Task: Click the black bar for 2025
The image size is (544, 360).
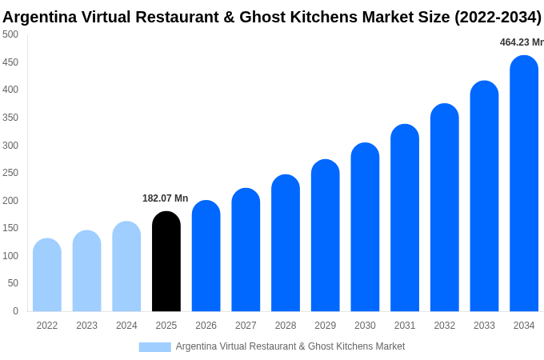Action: [x=166, y=262]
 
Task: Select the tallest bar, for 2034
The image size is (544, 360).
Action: [x=524, y=184]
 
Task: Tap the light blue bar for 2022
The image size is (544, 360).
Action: [x=47, y=275]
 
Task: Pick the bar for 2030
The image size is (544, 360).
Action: [x=365, y=227]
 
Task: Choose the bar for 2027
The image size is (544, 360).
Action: [x=246, y=250]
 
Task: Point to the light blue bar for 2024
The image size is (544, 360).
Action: [x=126, y=266]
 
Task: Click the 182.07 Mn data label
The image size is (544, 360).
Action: [x=165, y=198]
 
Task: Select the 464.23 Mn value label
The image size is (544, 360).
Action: [x=521, y=42]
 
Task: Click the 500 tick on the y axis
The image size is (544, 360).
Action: [x=10, y=34]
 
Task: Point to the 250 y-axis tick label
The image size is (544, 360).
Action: [x=10, y=173]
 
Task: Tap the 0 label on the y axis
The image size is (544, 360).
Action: [x=15, y=311]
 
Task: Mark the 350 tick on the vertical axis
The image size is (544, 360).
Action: [x=10, y=118]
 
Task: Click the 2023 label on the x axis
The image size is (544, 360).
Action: [x=86, y=326]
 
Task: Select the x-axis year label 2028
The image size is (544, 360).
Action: [x=286, y=326]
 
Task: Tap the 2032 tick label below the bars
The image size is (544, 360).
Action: [x=444, y=326]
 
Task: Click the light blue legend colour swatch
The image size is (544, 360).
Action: [x=154, y=346]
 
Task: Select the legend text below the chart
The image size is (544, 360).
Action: [x=290, y=346]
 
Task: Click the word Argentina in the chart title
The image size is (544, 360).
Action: [x=39, y=17]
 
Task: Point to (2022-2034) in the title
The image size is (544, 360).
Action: [x=498, y=17]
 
